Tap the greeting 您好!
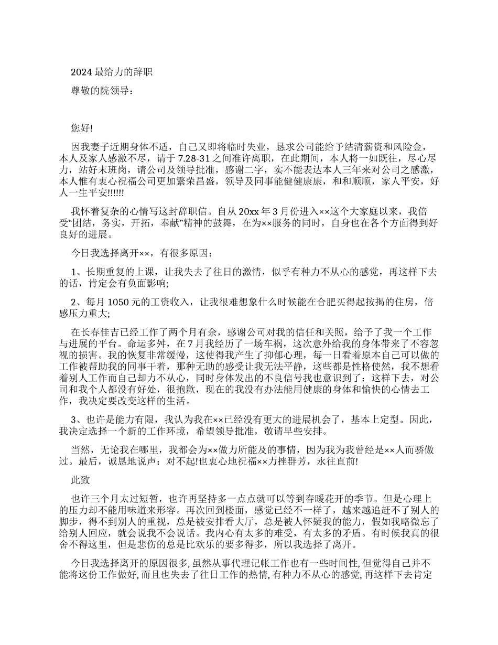pos(82,128)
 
